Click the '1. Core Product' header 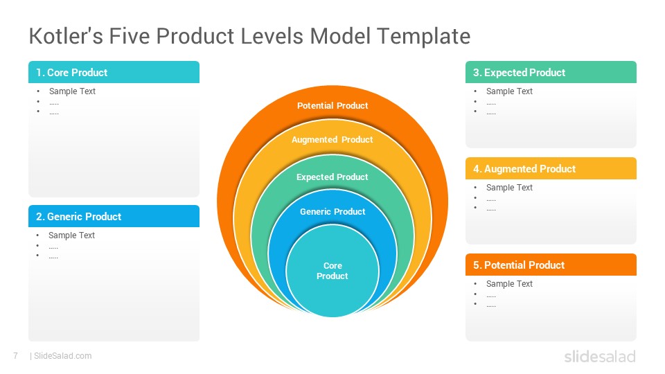(114, 72)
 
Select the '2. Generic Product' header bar (114, 216)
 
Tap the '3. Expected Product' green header (551, 72)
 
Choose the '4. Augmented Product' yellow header (551, 168)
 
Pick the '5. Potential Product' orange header (551, 265)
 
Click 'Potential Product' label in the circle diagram (332, 105)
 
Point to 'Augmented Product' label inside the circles (332, 139)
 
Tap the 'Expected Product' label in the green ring (332, 177)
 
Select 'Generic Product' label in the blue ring (332, 212)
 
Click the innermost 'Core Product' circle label (332, 271)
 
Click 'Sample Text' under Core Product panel (73, 91)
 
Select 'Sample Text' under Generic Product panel (71, 235)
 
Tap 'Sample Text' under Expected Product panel (509, 91)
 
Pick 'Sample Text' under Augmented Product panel (509, 188)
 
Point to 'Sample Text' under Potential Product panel (509, 284)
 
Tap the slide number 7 (16, 356)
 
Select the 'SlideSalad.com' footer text (63, 356)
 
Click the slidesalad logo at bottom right (600, 356)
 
